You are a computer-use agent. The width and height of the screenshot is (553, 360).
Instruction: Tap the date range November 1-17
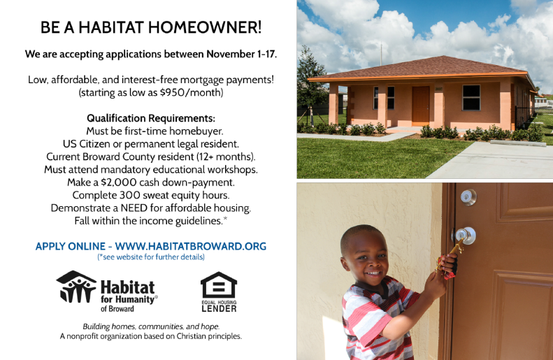point(242,54)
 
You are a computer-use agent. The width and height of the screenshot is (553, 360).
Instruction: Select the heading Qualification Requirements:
point(151,118)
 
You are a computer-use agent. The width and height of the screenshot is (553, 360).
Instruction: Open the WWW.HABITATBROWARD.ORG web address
point(191,246)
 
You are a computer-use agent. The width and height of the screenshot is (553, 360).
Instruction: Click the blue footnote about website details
point(151,257)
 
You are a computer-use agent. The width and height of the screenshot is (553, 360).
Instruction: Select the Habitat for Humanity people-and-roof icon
point(76,287)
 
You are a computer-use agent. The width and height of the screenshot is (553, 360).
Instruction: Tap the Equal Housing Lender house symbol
point(219,285)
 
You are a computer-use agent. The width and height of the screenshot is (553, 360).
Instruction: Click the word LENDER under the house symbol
point(219,308)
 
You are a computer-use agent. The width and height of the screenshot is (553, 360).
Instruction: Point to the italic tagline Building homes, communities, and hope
point(151,326)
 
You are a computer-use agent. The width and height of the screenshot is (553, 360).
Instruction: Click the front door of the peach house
point(421,106)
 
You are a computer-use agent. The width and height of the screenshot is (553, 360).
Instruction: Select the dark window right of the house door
point(471,98)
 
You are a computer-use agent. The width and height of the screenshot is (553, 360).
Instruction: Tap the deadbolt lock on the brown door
point(468,197)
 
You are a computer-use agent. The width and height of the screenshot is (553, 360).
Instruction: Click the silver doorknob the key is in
point(466,236)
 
